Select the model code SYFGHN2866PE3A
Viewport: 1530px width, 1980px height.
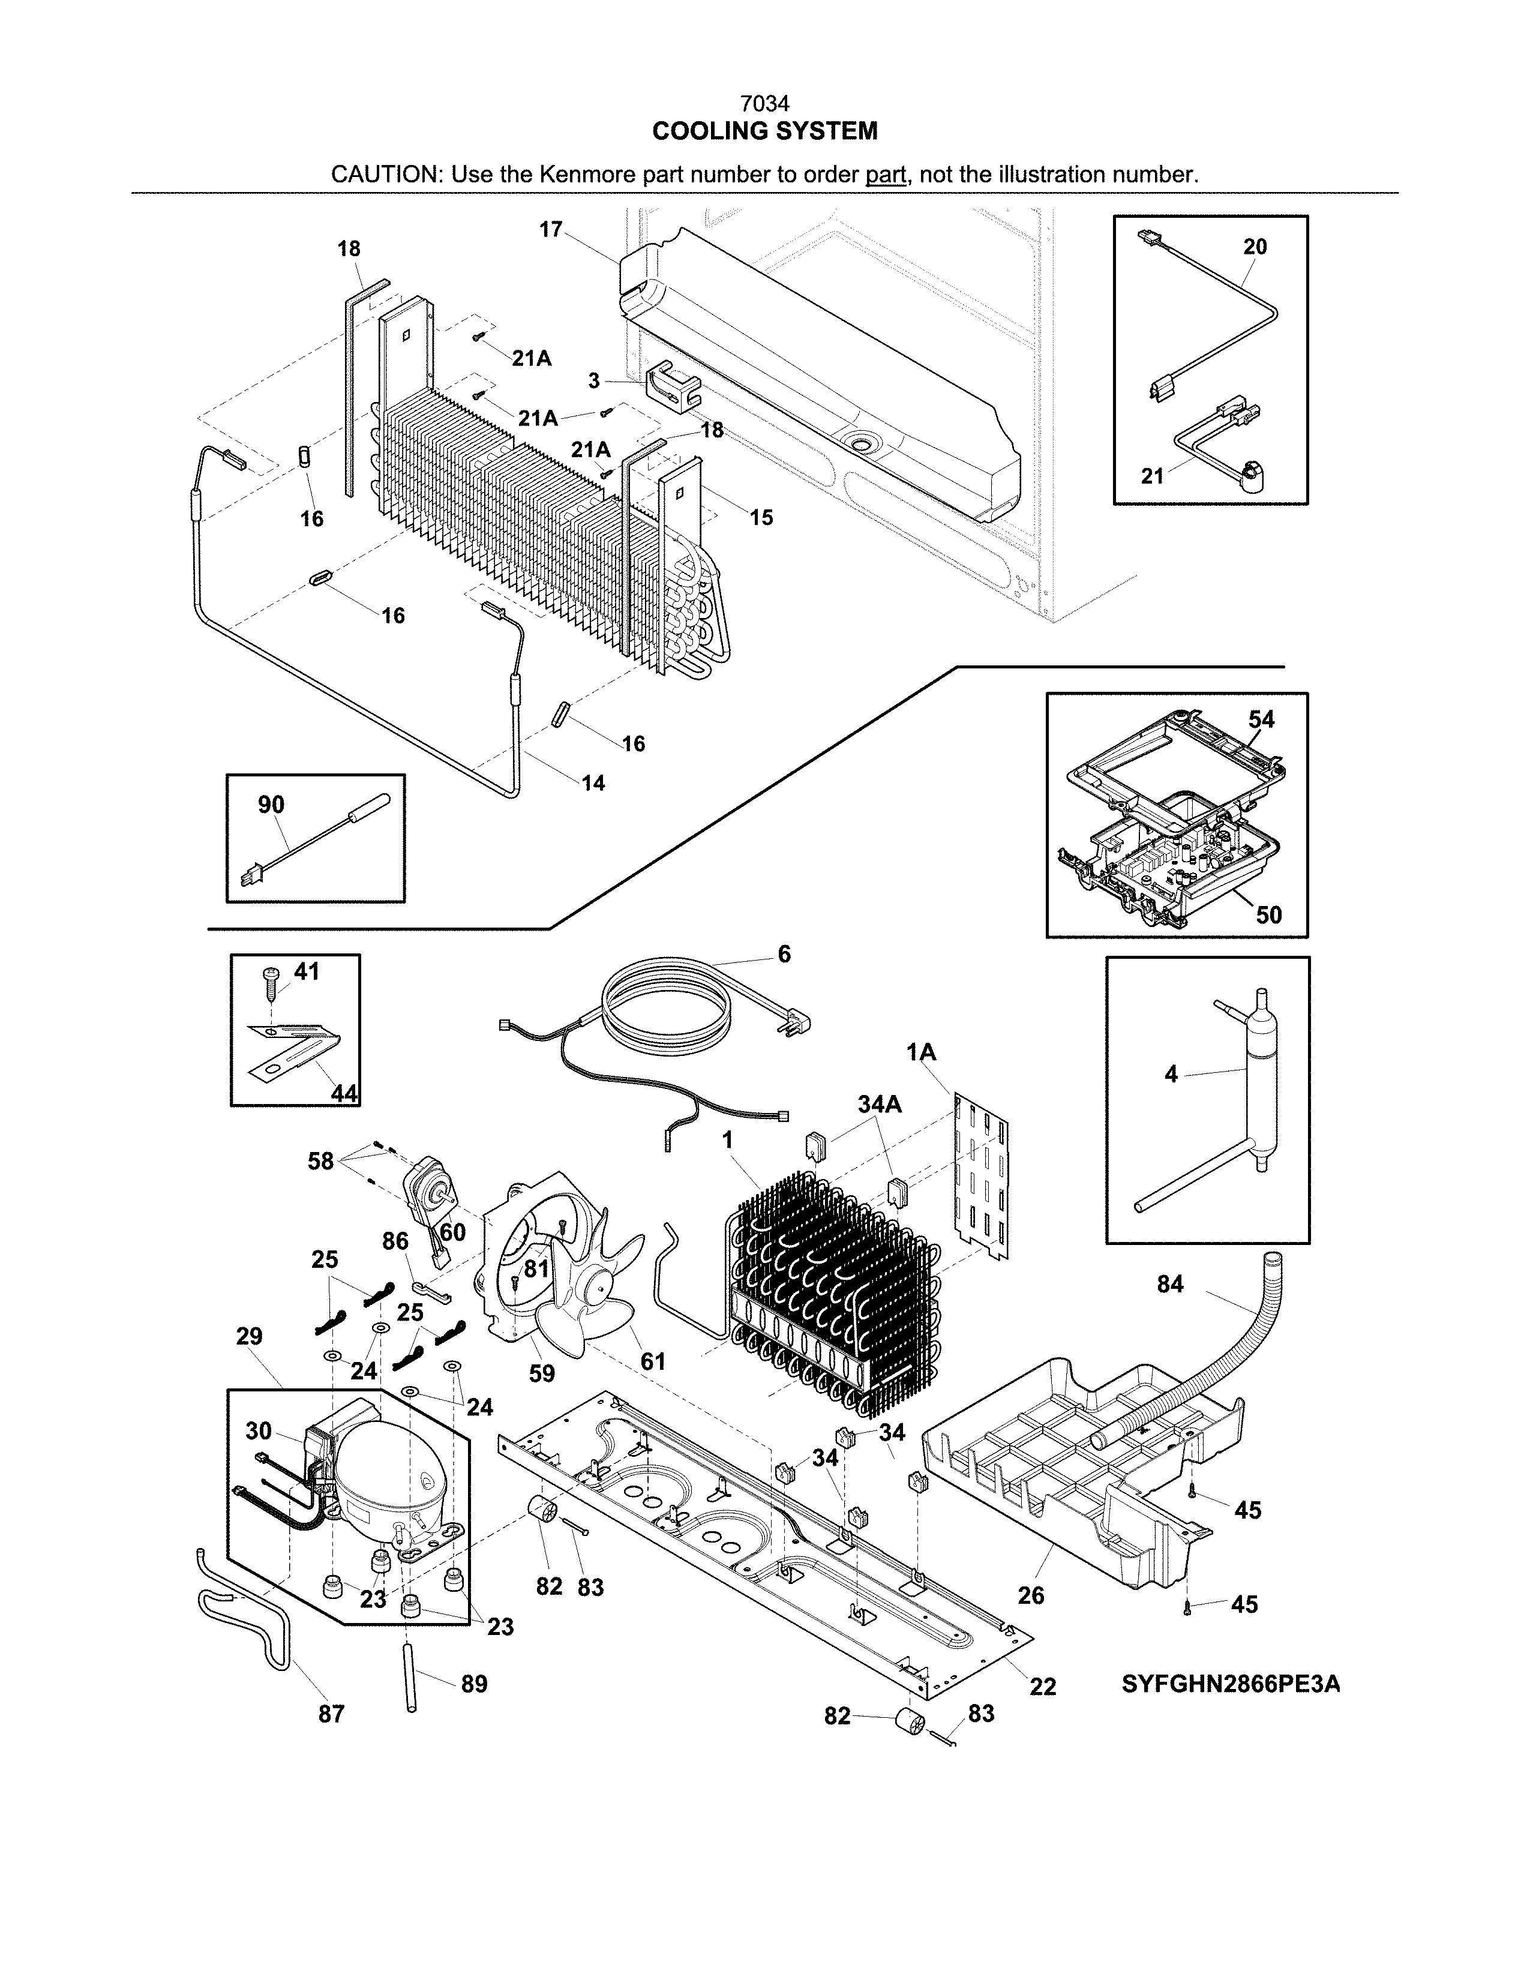pos(1231,1684)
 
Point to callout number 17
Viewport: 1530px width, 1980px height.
pos(550,229)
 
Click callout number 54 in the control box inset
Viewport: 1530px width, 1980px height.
pos(1261,720)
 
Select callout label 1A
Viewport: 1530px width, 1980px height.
pos(921,1052)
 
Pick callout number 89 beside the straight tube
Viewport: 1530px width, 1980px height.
pos(474,1684)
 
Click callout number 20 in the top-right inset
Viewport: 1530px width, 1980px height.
pos(1255,247)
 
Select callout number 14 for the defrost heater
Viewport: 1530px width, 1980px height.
pos(593,782)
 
